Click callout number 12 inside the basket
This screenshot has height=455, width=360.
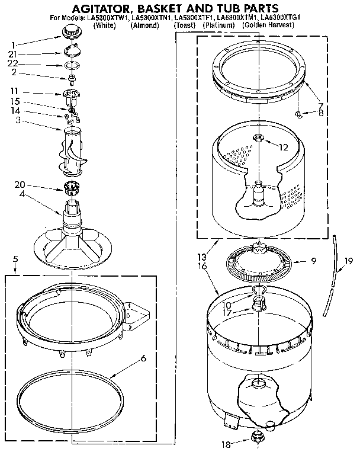click(x=284, y=147)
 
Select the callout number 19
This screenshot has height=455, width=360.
click(x=349, y=259)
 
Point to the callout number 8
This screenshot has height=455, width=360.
click(x=320, y=113)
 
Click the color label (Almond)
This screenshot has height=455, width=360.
click(x=144, y=26)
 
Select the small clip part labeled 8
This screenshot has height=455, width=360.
click(x=300, y=111)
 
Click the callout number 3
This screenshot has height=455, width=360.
click(x=17, y=120)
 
